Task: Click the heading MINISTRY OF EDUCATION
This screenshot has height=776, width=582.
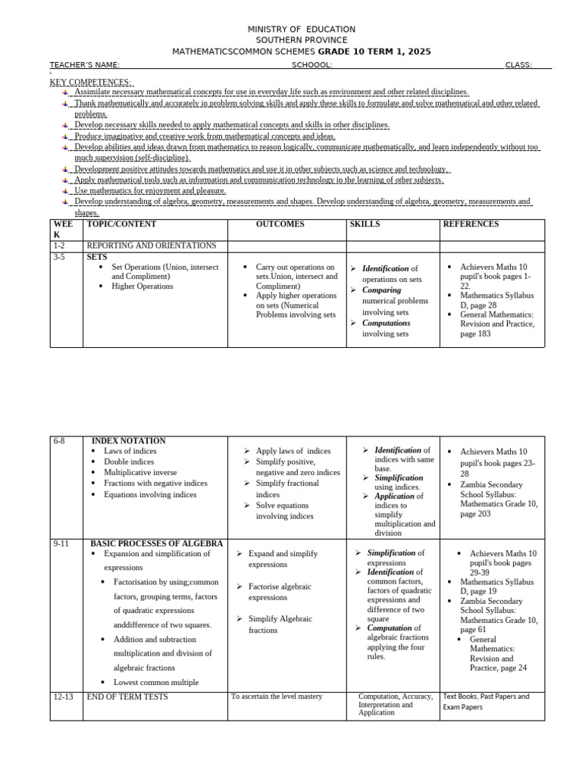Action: [x=302, y=29]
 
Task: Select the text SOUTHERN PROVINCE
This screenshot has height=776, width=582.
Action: [x=302, y=40]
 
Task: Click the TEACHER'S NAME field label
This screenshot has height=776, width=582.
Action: [x=85, y=65]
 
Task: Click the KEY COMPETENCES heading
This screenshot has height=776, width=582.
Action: [x=90, y=82]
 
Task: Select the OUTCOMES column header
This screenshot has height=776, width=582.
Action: [x=280, y=224]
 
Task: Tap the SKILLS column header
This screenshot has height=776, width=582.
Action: [x=365, y=224]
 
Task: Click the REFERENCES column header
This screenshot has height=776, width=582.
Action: [x=471, y=224]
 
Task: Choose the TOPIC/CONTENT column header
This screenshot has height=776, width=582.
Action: [x=122, y=224]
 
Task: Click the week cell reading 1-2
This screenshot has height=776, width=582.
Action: [x=61, y=246]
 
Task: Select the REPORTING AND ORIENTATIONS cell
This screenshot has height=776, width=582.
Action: [x=152, y=246]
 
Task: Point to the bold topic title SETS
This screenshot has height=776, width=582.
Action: [x=97, y=258]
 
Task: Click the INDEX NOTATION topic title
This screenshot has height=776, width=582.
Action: [x=128, y=441]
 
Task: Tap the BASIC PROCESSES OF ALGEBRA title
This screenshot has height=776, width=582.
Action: [x=157, y=543]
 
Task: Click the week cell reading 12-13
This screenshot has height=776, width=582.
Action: [x=64, y=696]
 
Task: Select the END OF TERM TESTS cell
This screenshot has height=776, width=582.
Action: [x=127, y=696]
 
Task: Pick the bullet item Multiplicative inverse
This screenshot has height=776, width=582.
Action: [x=139, y=473]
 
